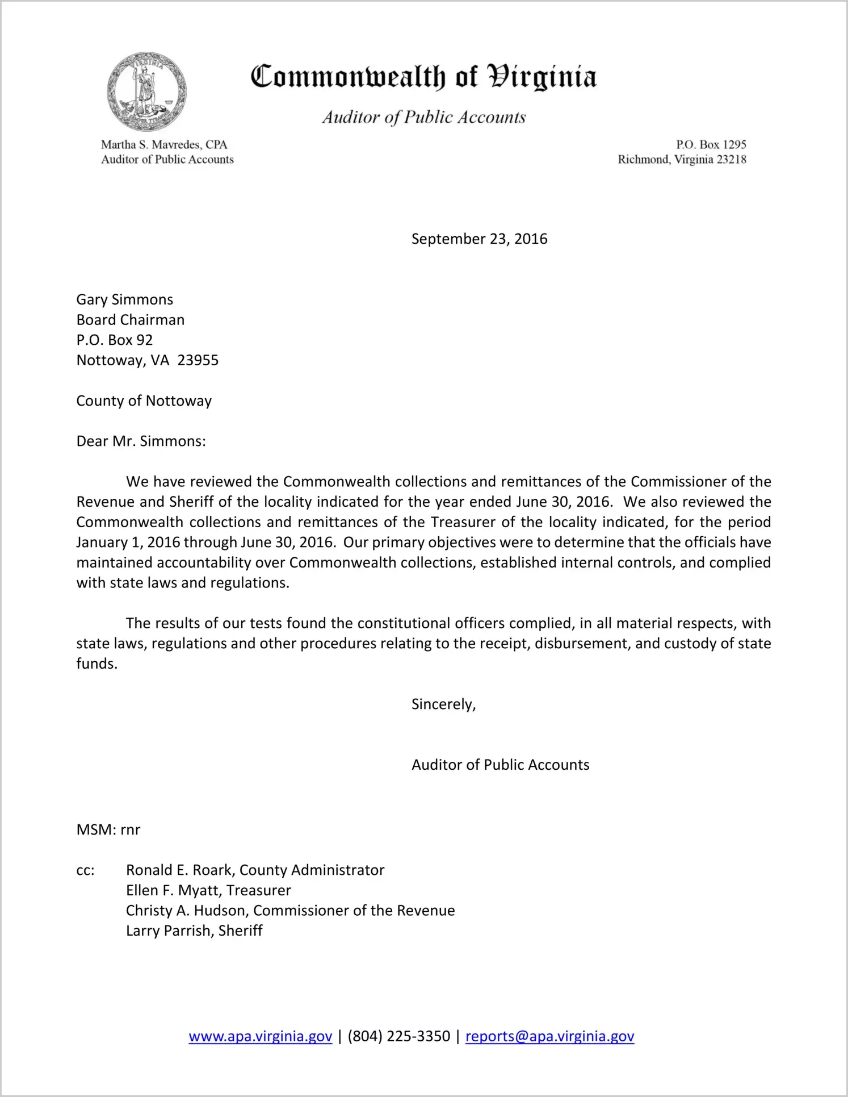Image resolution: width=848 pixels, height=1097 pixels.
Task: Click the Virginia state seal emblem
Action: coord(146,91)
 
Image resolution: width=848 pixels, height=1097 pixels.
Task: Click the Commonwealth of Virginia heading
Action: coord(423,77)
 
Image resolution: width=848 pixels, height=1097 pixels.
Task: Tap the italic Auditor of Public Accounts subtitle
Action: coord(423,117)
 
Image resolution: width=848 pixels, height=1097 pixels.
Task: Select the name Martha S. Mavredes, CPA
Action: coord(164,145)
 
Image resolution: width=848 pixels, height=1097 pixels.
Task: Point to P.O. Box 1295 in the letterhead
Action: coord(711,145)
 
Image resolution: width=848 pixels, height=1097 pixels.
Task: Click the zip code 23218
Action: coord(731,160)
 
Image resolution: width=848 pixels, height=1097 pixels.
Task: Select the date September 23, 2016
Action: coord(479,239)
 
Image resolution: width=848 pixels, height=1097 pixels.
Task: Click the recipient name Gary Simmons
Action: coord(125,299)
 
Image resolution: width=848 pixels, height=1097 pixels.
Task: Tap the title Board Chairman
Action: coord(131,320)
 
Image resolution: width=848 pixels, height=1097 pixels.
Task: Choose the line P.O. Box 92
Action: coord(115,340)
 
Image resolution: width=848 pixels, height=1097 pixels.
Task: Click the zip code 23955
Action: coord(198,360)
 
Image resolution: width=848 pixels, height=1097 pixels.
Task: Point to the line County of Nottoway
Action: coord(144,401)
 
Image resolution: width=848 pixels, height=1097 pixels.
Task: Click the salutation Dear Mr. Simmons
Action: coord(141,441)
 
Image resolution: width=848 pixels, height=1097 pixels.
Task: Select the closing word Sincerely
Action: coord(443,704)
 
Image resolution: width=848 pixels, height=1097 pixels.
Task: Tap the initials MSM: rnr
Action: coord(108,830)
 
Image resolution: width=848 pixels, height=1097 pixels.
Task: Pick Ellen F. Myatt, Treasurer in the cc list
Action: coord(208,890)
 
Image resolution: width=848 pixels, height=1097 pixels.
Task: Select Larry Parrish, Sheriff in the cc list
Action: coord(194,931)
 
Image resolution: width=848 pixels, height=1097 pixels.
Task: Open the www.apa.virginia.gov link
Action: coord(261,1036)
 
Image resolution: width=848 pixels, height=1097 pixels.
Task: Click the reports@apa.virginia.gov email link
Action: coord(549,1036)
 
